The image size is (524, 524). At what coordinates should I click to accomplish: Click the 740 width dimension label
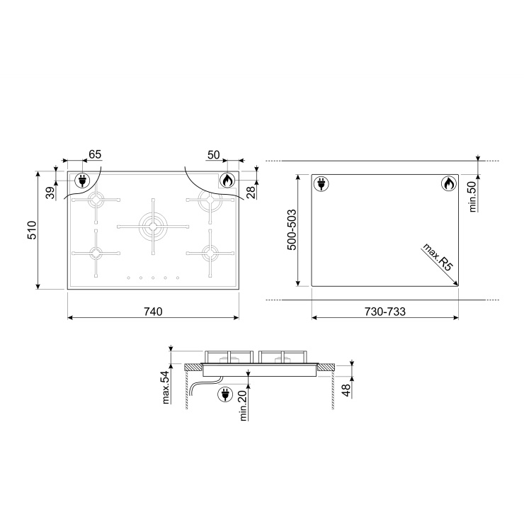tap(153, 312)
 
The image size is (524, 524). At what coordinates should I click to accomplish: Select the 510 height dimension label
tap(32, 230)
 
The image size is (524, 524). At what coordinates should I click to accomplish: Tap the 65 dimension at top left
tap(95, 154)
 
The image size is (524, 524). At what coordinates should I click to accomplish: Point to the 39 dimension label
tap(50, 193)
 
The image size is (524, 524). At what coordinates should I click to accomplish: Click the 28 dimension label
tap(251, 193)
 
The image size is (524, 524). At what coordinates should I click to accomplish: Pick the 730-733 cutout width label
tap(385, 312)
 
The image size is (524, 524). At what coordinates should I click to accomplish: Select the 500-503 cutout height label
tap(292, 229)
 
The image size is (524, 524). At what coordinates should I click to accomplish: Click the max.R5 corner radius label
tap(438, 257)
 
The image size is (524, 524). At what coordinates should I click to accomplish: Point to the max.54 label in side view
tap(166, 387)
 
